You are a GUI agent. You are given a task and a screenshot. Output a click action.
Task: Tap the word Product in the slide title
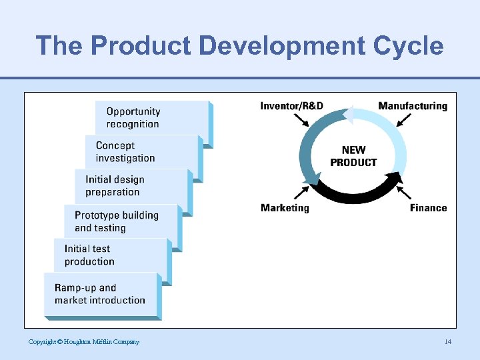coord(141,46)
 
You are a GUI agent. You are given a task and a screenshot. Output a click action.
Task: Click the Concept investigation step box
coord(141,152)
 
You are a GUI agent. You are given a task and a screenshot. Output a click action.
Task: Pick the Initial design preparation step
coord(131,186)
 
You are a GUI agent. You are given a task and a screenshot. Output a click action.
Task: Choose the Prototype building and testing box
coord(121,221)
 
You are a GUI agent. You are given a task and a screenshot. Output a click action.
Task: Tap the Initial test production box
coord(110,255)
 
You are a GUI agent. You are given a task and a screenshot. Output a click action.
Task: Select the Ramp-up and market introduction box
coord(101,294)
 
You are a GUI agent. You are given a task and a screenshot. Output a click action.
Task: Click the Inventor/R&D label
coord(291,106)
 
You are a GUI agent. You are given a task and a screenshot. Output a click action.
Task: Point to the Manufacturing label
coord(413,106)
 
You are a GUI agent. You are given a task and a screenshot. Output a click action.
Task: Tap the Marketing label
coord(285,208)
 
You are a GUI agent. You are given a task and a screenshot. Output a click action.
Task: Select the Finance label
coord(428,208)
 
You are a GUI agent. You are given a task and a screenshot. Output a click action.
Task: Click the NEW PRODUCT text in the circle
coord(353,156)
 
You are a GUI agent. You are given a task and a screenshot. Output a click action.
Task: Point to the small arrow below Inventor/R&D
coord(302,120)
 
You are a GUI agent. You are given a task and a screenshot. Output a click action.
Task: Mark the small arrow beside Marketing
coord(302,193)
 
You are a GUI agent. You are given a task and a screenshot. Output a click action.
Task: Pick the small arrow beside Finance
coord(404,193)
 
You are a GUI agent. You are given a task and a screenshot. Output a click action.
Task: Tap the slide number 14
coord(448,342)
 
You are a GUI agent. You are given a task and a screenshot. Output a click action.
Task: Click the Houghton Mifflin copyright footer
coord(84,342)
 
